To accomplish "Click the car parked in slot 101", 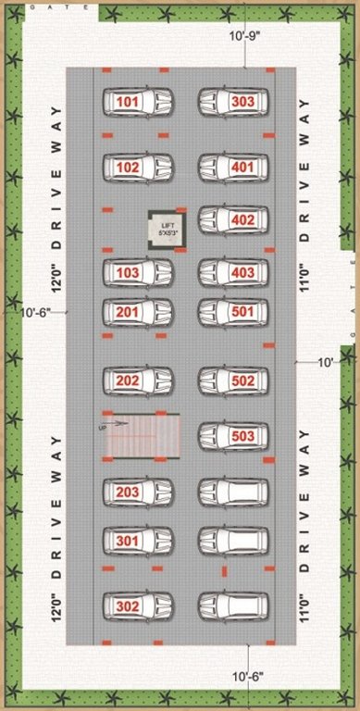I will (138, 100).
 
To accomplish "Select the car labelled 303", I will (233, 100).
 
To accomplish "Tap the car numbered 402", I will (233, 219).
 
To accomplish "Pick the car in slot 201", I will (138, 312).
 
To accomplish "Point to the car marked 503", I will (233, 435).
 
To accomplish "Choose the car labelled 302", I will (138, 606).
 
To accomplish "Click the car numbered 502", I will (233, 380).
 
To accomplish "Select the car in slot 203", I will (138, 492).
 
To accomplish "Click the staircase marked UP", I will (140, 435).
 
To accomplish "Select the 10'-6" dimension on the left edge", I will (37, 313).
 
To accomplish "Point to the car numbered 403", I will (233, 272).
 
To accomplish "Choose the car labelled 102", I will (138, 168).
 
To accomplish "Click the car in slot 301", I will (138, 539).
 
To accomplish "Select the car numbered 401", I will (233, 168).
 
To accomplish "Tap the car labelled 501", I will (233, 312).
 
